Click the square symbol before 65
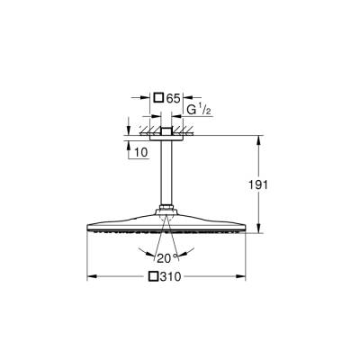(159, 96)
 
